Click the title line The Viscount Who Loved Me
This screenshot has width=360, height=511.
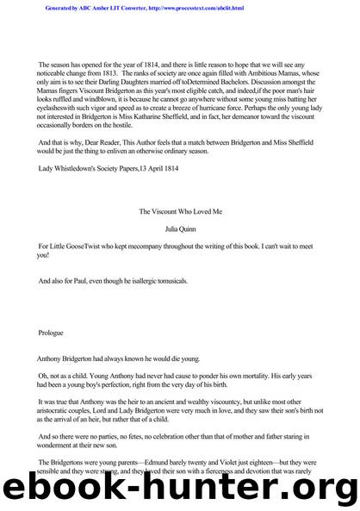pyautogui.click(x=180, y=210)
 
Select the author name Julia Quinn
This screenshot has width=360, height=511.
pyautogui.click(x=180, y=229)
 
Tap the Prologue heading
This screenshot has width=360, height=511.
pyautogui.click(x=53, y=332)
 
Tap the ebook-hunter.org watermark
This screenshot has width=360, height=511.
pyautogui.click(x=180, y=489)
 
